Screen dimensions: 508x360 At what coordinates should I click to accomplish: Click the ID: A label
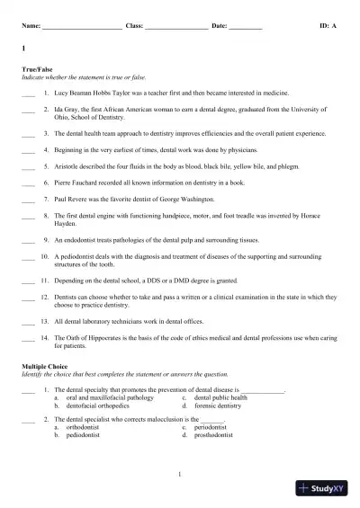(x=328, y=27)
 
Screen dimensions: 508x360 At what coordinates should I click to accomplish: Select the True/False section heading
(x=36, y=69)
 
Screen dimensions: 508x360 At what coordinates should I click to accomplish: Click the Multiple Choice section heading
(x=45, y=367)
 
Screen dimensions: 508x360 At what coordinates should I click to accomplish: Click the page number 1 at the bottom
(x=180, y=474)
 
